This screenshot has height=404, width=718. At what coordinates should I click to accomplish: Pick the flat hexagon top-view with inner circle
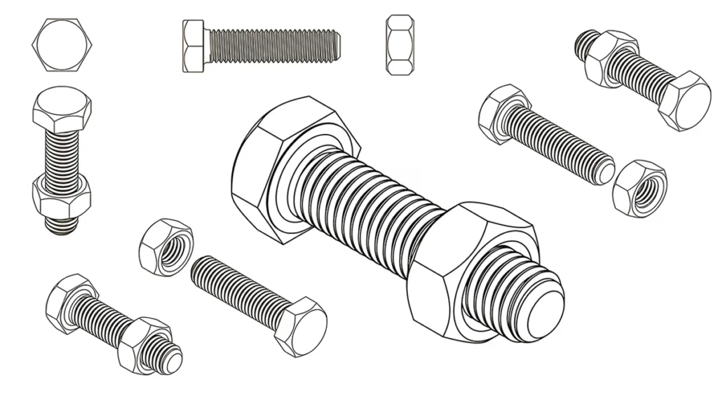pyautogui.click(x=62, y=45)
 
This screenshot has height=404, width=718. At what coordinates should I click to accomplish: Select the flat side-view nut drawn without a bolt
pyautogui.click(x=398, y=46)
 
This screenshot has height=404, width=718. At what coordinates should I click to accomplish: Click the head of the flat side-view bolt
pyautogui.click(x=194, y=45)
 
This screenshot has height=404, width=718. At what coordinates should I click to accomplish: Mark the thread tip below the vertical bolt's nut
pyautogui.click(x=62, y=226)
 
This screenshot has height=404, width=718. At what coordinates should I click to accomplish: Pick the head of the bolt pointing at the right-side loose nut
pyautogui.click(x=501, y=114)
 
